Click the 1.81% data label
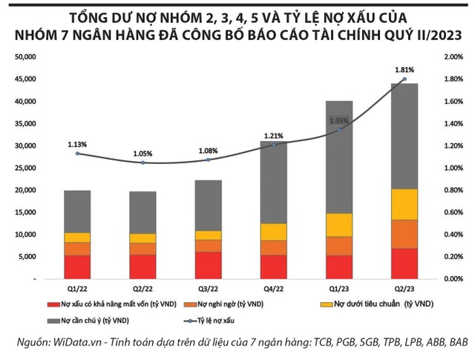point(404,69)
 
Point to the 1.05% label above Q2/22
point(143,154)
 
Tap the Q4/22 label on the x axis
point(273,287)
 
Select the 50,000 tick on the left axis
point(26,56)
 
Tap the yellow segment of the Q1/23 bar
point(339,225)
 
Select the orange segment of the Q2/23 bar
point(404,234)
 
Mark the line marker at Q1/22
point(77,153)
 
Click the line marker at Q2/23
point(404,79)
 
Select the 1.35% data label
point(338,120)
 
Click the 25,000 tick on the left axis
point(26,168)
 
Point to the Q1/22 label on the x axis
point(77,287)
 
